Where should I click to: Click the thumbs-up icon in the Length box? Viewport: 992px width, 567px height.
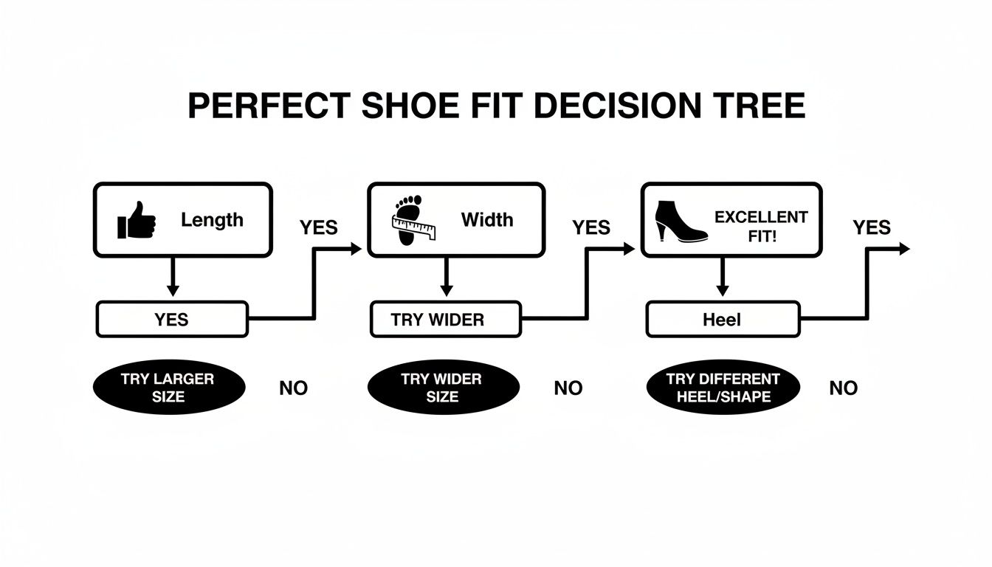click(137, 221)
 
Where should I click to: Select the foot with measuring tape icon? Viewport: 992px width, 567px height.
click(412, 220)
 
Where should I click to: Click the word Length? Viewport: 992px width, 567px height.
click(212, 220)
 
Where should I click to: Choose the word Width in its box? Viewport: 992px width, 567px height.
click(487, 220)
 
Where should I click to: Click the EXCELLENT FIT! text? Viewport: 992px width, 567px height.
click(761, 225)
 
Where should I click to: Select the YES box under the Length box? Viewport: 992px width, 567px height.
click(172, 320)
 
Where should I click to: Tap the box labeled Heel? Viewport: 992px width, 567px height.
click(723, 320)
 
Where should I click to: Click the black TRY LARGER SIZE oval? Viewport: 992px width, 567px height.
click(168, 388)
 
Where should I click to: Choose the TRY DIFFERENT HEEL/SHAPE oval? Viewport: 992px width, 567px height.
click(723, 388)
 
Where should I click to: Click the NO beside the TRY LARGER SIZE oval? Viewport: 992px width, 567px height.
click(293, 388)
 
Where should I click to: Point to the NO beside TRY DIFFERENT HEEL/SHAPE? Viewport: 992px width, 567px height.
click(843, 388)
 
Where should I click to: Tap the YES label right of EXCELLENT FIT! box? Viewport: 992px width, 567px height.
click(872, 227)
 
